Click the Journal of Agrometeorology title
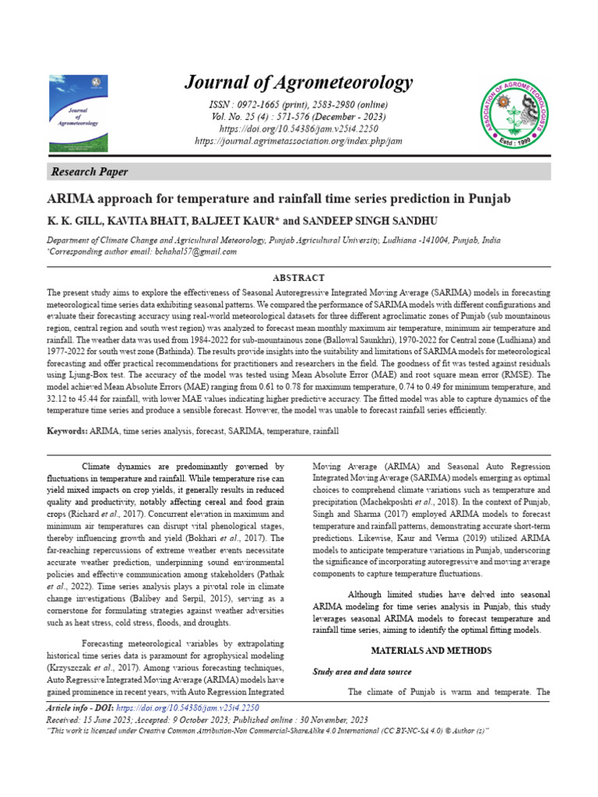298,83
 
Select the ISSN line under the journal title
298,105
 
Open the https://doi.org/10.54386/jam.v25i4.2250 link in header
298,128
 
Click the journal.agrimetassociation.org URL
298,141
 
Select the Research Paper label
90,172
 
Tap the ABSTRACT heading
298,278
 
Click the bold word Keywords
66,430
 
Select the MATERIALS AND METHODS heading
431,649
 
